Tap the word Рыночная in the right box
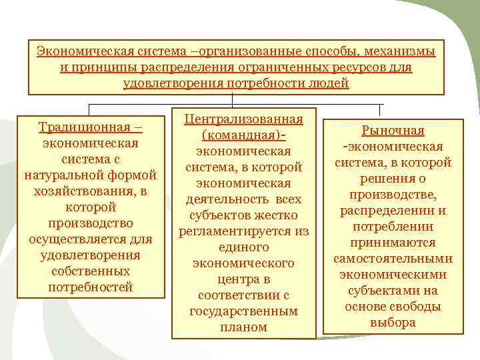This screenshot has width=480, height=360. pyautogui.click(x=393, y=131)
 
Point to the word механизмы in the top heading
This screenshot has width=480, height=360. pyautogui.click(x=400, y=52)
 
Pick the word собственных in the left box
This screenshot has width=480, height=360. pyautogui.click(x=91, y=271)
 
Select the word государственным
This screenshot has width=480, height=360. pyautogui.click(x=243, y=311)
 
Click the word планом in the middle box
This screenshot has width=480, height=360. pyautogui.click(x=243, y=327)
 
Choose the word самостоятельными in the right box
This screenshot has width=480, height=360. pyautogui.click(x=393, y=259)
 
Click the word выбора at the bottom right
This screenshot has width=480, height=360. pyautogui.click(x=393, y=323)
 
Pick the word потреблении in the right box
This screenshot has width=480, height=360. pyautogui.click(x=393, y=227)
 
